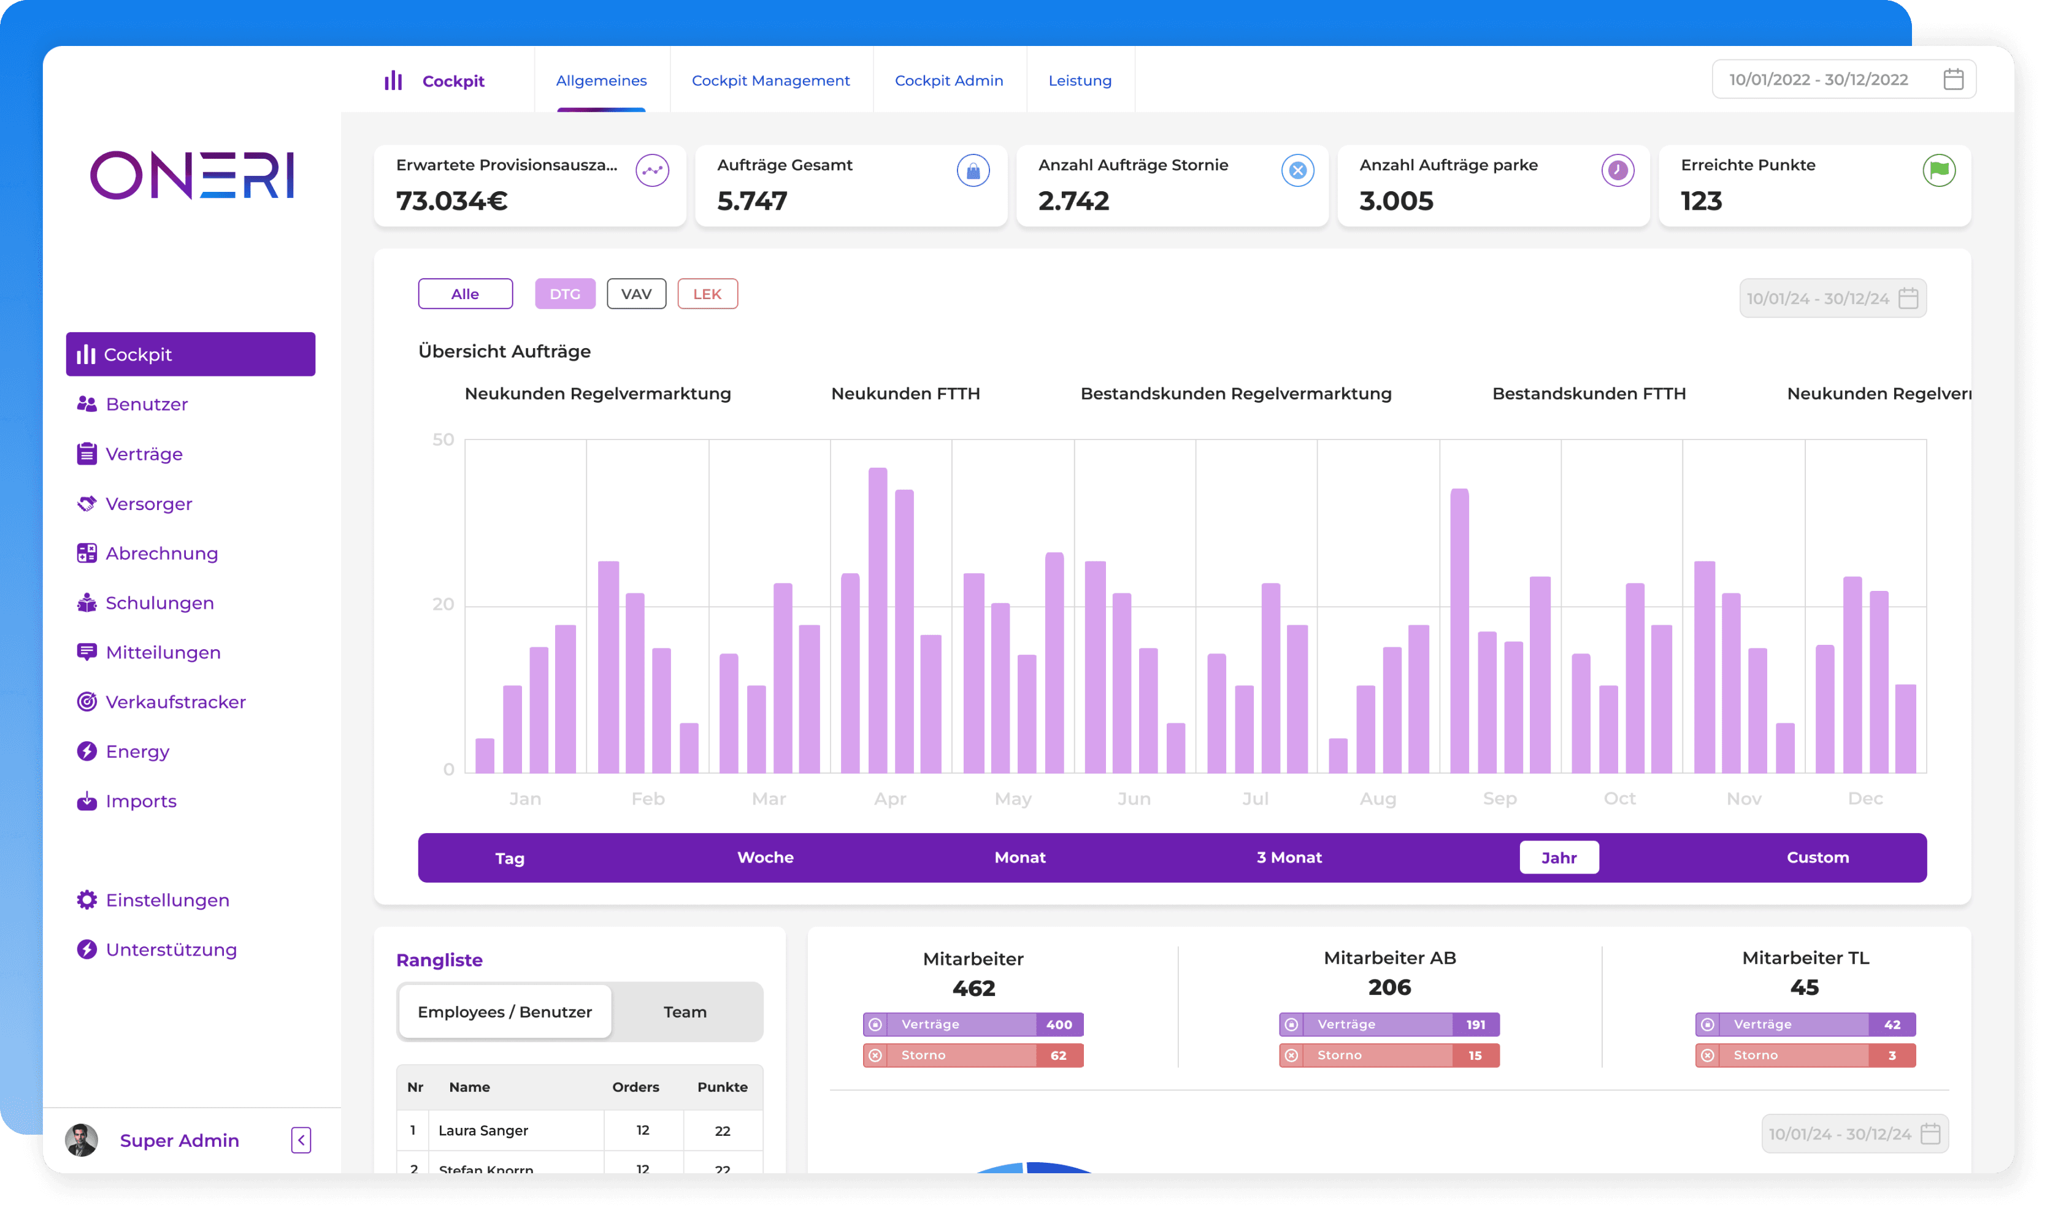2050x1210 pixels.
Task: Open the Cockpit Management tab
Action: (770, 80)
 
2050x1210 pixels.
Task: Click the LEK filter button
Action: (707, 294)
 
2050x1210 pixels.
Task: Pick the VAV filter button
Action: (636, 294)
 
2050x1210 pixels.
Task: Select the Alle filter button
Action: (465, 294)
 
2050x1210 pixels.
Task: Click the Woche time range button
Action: (765, 857)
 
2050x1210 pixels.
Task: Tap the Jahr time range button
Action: (1559, 858)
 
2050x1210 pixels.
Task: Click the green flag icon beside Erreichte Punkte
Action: (1939, 170)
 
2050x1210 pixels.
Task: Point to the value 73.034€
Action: (452, 200)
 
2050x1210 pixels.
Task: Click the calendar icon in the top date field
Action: (1953, 79)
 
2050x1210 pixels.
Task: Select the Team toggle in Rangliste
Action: (685, 1012)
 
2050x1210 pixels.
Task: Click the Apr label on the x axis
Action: (890, 799)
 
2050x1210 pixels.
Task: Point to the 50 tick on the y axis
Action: (443, 440)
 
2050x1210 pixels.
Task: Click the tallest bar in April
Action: (877, 620)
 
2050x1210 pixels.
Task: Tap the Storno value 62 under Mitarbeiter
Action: (1058, 1055)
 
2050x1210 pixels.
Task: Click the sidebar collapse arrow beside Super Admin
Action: (301, 1140)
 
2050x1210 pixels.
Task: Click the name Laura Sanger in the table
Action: (483, 1131)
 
